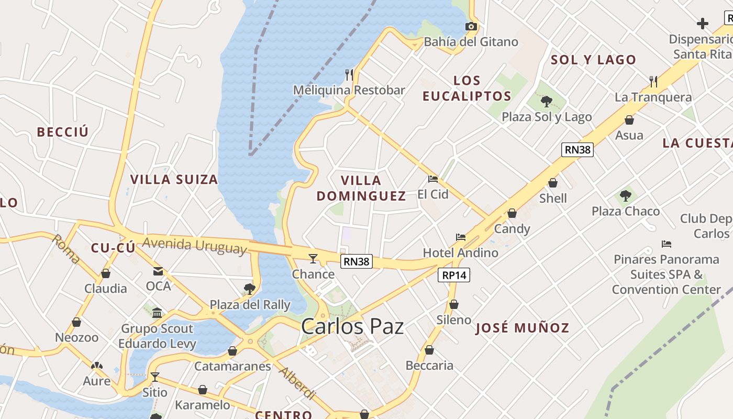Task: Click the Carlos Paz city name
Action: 352,326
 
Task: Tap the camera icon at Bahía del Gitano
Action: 471,26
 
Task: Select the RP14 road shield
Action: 454,275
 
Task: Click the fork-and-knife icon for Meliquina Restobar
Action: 349,75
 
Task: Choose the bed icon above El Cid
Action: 433,179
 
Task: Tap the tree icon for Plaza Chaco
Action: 625,196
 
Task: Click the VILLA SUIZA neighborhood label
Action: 174,180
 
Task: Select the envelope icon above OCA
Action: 158,271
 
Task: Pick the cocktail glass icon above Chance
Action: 313,258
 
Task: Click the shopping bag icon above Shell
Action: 553,183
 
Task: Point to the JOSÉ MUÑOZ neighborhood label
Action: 522,328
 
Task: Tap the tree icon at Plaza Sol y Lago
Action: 547,101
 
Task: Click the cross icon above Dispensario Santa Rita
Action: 703,24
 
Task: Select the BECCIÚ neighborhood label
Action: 63,132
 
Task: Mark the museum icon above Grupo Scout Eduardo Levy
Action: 157,314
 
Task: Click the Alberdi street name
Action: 297,383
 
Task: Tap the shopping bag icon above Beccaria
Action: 429,350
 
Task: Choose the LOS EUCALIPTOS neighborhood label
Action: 467,88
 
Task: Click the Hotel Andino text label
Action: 460,253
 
